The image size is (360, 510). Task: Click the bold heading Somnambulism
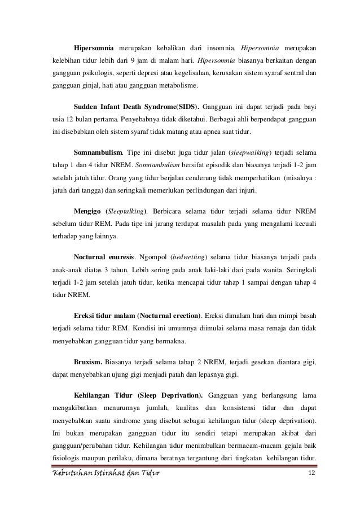point(98,153)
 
